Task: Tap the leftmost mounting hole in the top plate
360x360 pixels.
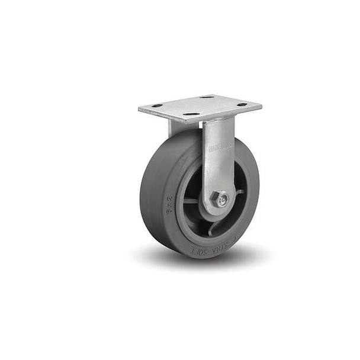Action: click(x=157, y=106)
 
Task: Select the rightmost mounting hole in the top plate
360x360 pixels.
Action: click(x=242, y=104)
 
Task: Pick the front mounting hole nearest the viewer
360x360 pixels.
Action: click(x=191, y=114)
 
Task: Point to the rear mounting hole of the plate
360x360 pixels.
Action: click(x=207, y=97)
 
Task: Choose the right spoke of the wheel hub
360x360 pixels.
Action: click(x=239, y=191)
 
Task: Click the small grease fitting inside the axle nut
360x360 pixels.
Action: click(x=220, y=201)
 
